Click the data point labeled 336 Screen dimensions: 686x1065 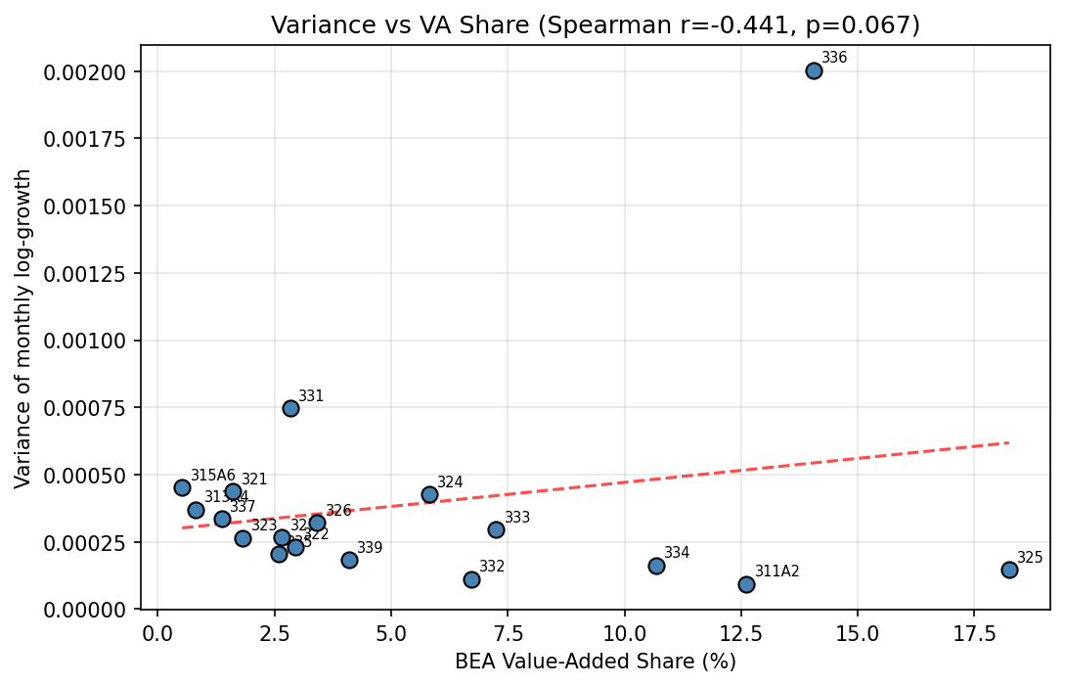pyautogui.click(x=814, y=70)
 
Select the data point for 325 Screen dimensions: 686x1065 pyautogui.click(x=1009, y=570)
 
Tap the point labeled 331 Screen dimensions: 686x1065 pyautogui.click(x=290, y=408)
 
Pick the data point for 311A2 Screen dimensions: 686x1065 pyautogui.click(x=746, y=584)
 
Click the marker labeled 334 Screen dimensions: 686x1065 pyautogui.click(x=656, y=566)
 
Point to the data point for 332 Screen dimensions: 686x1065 pyautogui.click(x=471, y=579)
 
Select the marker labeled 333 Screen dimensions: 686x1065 pyautogui.click(x=496, y=529)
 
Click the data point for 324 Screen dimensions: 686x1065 pyautogui.click(x=429, y=494)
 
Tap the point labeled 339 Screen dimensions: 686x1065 pyautogui.click(x=349, y=560)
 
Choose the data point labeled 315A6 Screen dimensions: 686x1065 pyautogui.click(x=182, y=487)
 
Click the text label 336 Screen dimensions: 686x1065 pyautogui.click(x=834, y=58)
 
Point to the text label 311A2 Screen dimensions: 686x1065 pyautogui.click(x=777, y=572)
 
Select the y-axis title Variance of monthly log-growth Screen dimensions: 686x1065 pyautogui.click(x=23, y=328)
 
